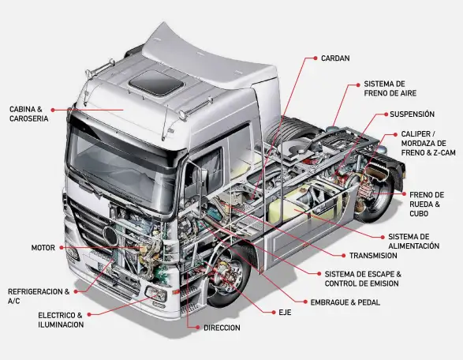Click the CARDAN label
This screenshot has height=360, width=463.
335,58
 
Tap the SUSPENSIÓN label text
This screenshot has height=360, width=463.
412,114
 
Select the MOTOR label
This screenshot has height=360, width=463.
43,248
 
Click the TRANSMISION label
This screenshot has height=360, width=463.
373,256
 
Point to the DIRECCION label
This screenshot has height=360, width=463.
222,328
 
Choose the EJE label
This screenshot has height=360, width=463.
285,313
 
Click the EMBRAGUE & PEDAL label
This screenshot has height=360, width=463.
345,302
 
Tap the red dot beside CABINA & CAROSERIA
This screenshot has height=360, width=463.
53,110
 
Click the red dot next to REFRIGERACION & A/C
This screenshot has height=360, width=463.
76,291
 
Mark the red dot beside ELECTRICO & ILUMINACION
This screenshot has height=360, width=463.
89,315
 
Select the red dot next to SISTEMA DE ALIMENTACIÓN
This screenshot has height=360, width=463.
383,237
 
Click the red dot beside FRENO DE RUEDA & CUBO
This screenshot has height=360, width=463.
405,194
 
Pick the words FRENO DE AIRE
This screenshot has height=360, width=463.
390,93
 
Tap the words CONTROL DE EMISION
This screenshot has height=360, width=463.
362,283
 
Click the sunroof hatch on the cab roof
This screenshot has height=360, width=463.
156,84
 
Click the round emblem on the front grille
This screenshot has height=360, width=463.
110,236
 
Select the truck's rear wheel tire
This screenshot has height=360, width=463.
375,195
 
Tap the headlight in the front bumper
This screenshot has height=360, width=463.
156,294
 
